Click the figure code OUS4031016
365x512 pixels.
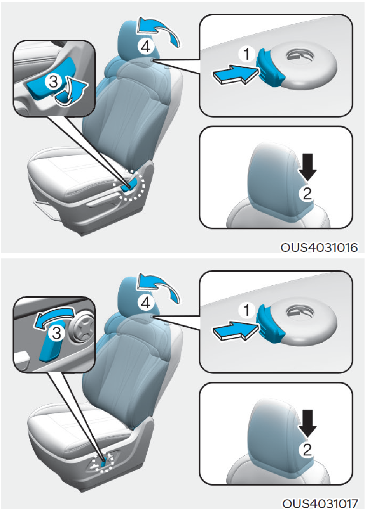[x=319, y=247]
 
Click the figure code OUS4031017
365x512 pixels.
[x=320, y=504]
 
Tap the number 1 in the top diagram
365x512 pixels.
[x=247, y=54]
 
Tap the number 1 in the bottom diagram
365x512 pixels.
[x=247, y=310]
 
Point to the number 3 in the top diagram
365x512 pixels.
[x=53, y=81]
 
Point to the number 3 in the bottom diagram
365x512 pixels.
[x=57, y=333]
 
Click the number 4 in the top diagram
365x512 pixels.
[x=145, y=47]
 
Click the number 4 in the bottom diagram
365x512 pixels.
[x=145, y=303]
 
